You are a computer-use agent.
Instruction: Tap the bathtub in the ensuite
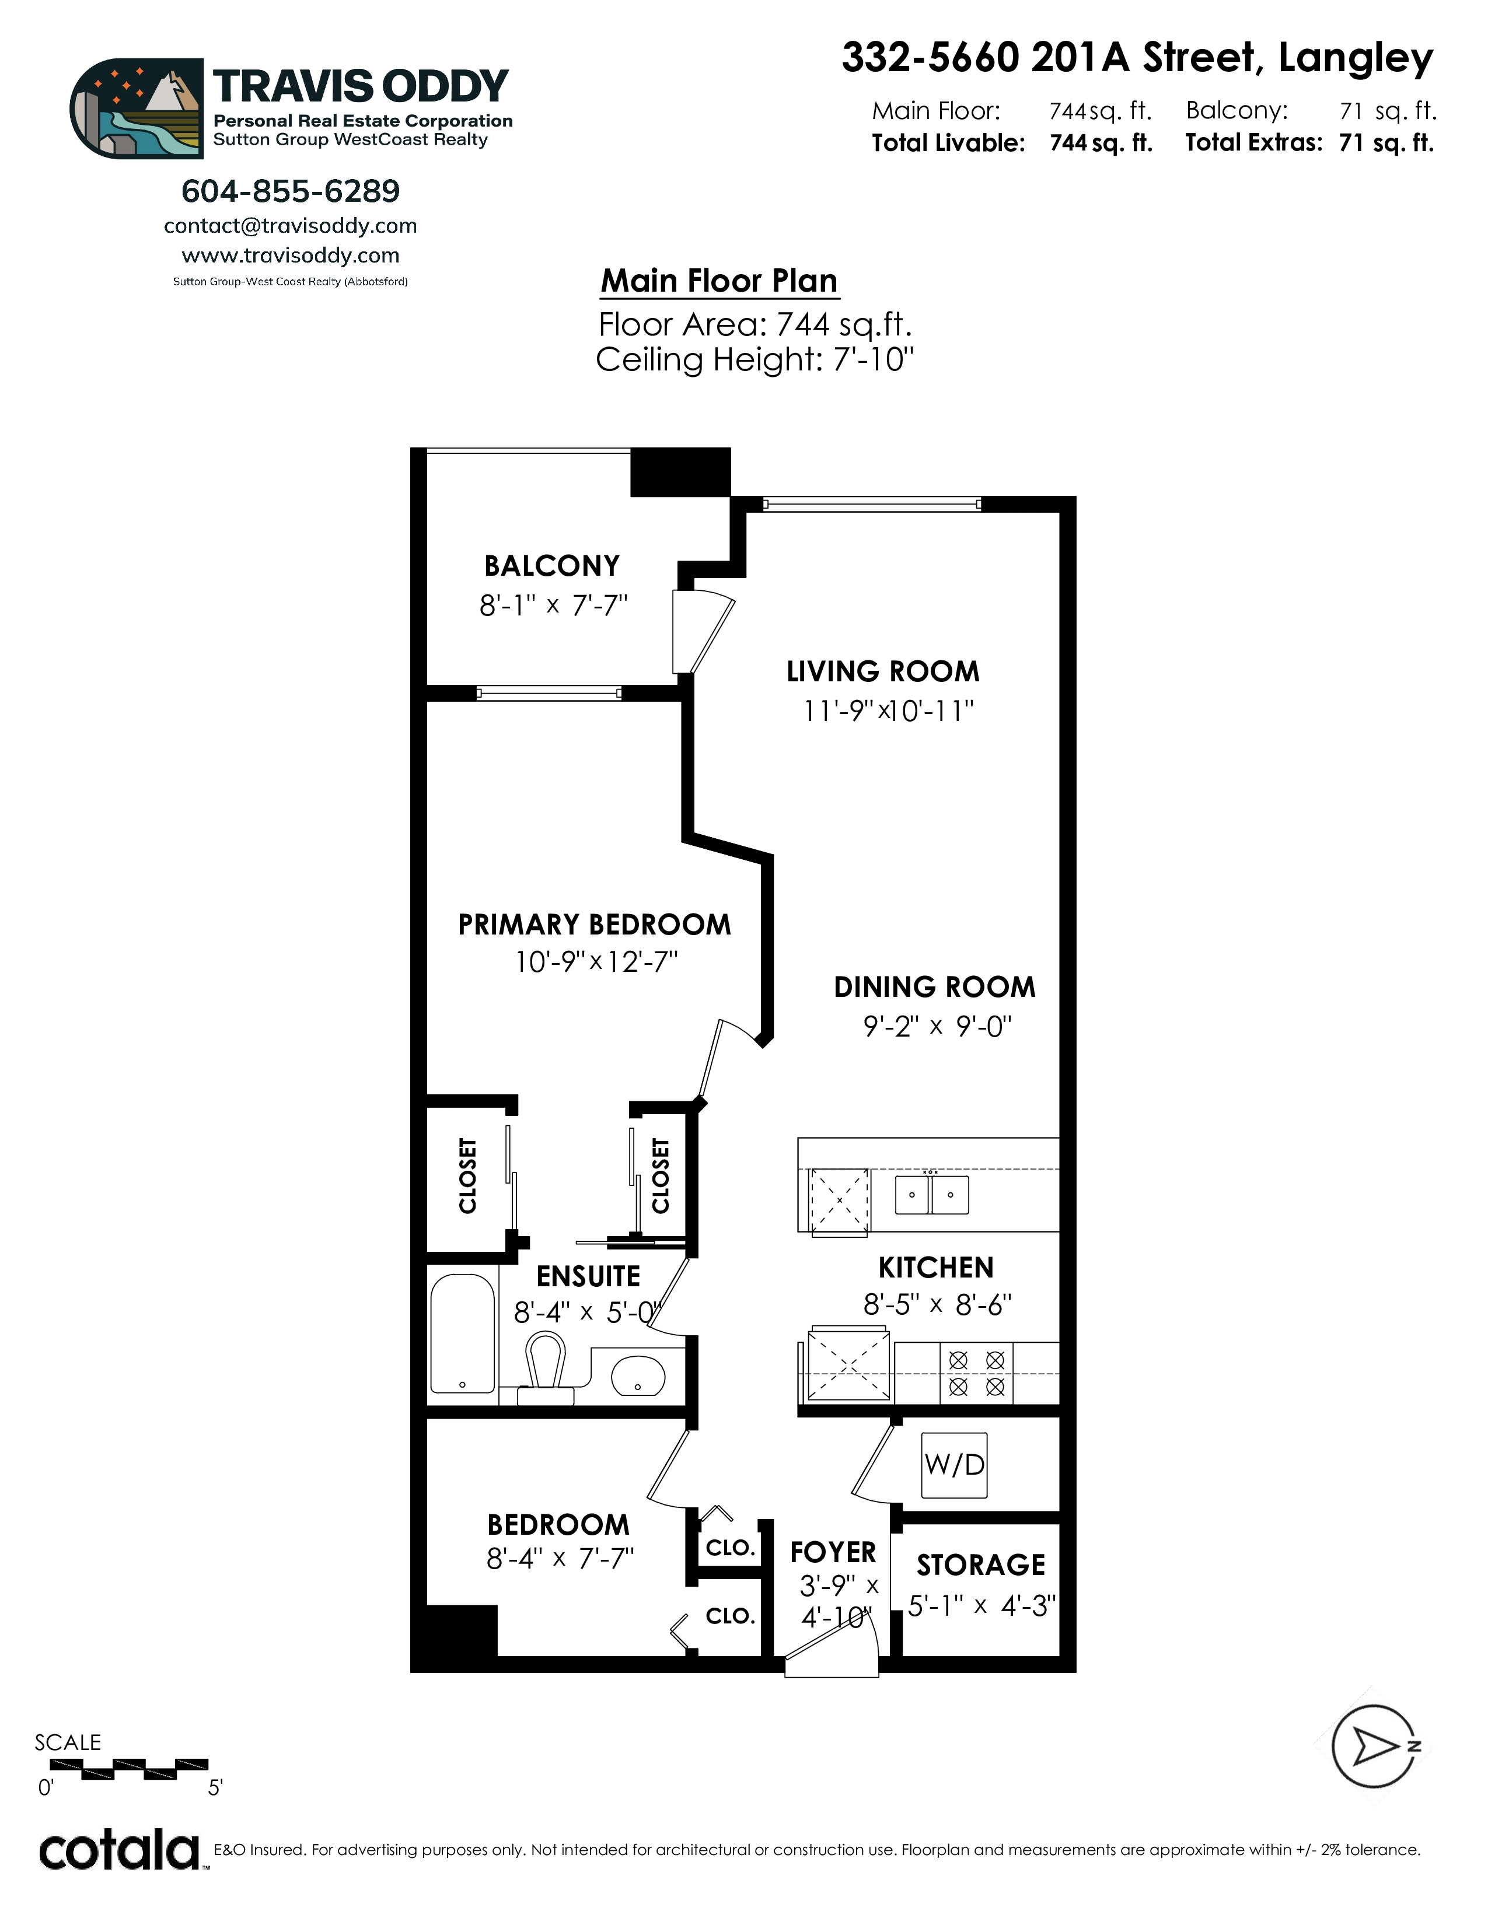pos(462,1333)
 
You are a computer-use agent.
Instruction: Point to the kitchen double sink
pos(932,1195)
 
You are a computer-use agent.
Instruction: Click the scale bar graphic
pos(129,1767)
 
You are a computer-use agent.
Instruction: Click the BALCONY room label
pos(552,565)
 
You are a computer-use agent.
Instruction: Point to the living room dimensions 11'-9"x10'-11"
pos(888,710)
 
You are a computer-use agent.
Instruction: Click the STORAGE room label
pos(980,1566)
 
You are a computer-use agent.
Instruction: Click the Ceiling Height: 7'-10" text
pos(755,359)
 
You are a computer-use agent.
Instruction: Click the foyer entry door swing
pos(832,1648)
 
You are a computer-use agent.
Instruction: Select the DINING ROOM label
pos(934,987)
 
